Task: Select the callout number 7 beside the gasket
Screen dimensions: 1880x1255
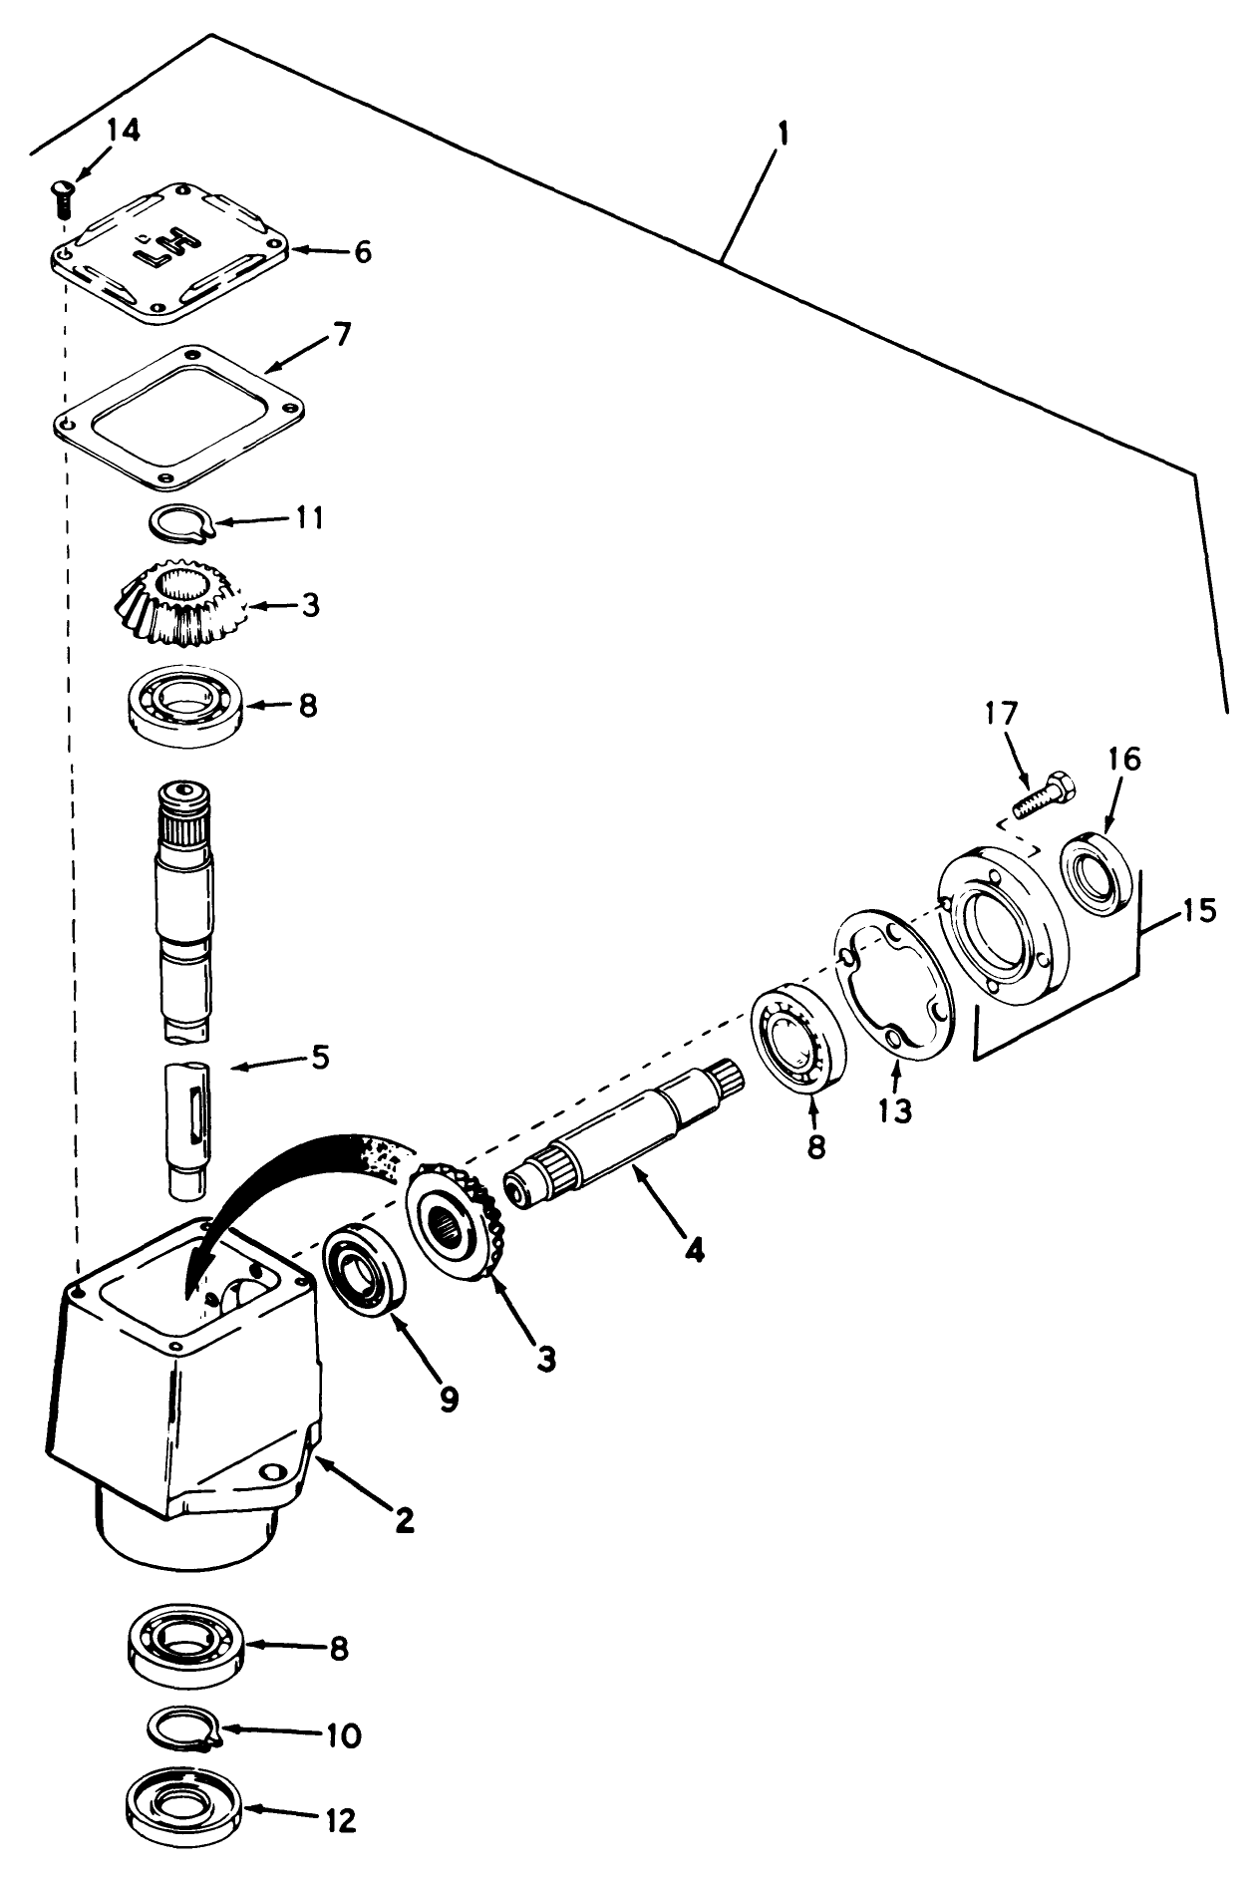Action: click(x=341, y=335)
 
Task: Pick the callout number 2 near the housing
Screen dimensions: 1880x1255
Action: click(x=403, y=1519)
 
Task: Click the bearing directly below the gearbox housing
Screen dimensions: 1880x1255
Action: click(x=184, y=1649)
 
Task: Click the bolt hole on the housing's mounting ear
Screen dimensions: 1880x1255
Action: click(x=267, y=1472)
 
